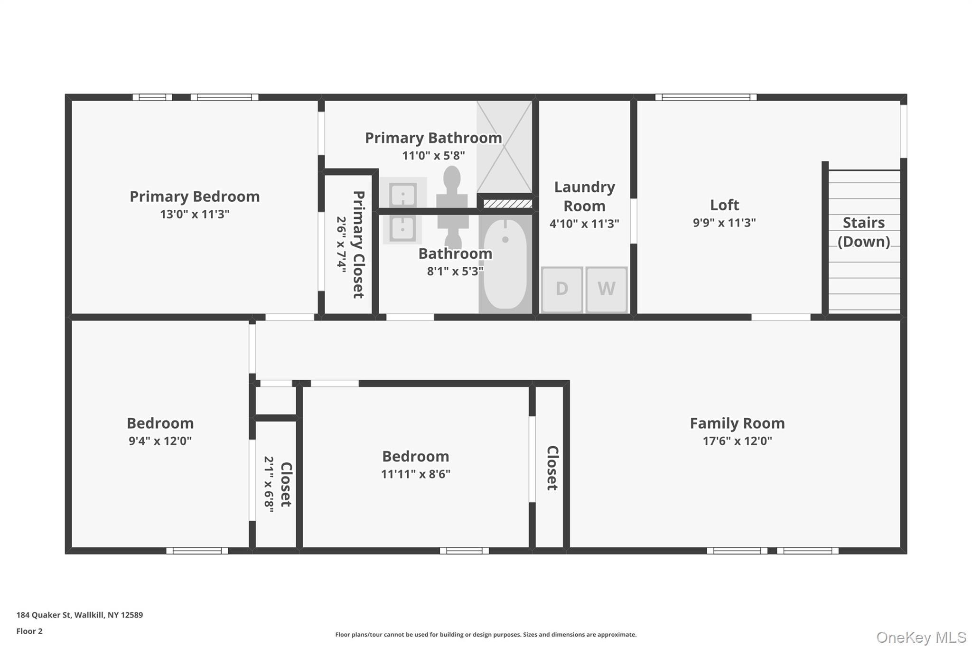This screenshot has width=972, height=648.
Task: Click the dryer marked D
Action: coord(562,289)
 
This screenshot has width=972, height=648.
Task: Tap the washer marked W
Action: coord(607,289)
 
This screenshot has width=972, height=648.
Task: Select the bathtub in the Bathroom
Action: coord(505,264)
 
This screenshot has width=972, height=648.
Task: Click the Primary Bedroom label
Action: coord(195,197)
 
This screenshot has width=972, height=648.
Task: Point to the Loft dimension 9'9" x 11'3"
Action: coord(724,223)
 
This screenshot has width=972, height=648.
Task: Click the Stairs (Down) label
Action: coord(864,232)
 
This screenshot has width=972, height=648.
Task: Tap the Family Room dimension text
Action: coord(738,441)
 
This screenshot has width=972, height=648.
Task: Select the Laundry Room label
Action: coord(585,197)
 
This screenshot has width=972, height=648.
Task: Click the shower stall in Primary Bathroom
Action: coord(504,147)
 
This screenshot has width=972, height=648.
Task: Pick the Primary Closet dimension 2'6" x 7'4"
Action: coord(342,244)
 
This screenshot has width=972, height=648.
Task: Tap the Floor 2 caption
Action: coord(29,631)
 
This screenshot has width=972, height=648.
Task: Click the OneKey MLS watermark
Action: coord(921,637)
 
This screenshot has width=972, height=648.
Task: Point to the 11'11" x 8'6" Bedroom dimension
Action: coord(416,474)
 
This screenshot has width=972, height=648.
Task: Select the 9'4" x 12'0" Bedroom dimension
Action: coord(160,441)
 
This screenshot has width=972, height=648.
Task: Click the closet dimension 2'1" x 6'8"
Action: coord(269,485)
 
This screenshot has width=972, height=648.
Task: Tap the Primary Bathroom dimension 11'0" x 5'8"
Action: coord(433,156)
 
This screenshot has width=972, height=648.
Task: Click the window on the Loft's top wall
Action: coord(706,97)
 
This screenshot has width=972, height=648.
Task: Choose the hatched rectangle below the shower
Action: coord(507,204)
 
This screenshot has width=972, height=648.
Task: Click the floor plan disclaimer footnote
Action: coord(486,635)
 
